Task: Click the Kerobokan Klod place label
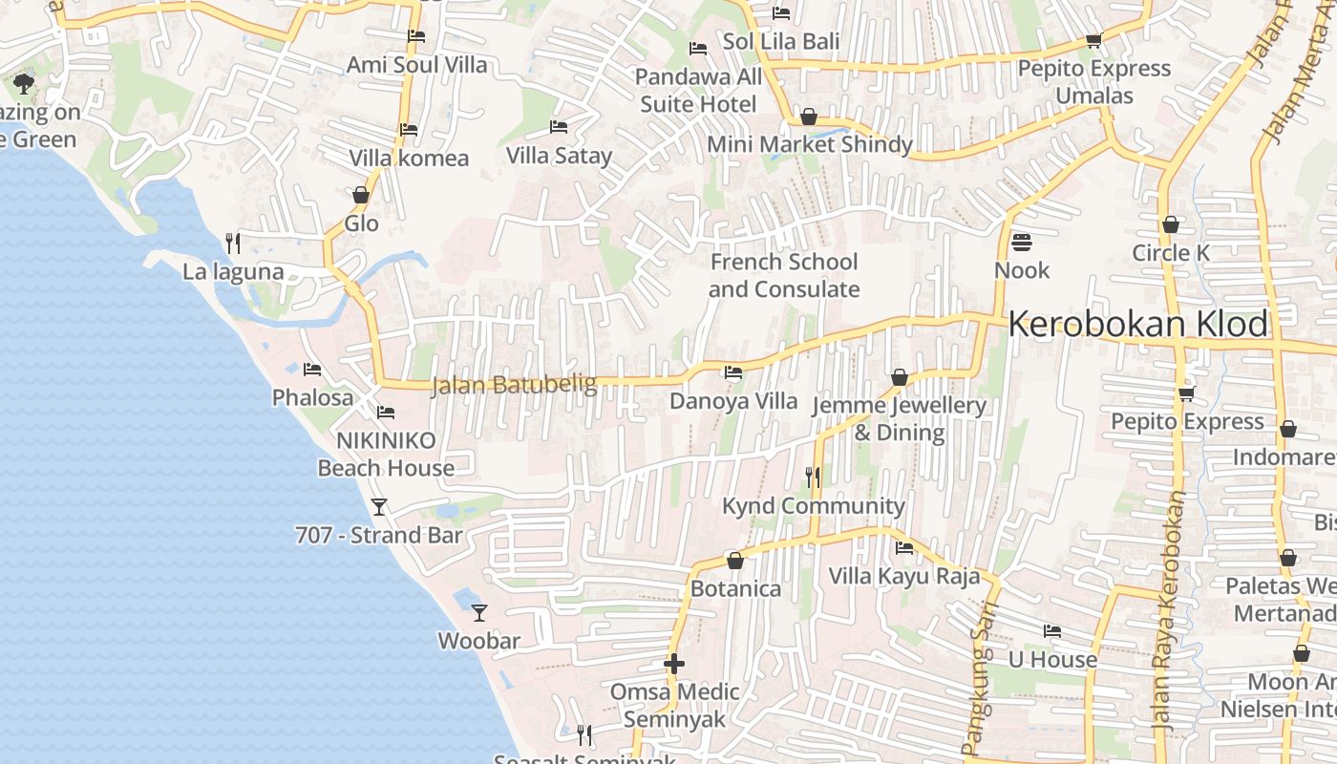pyautogui.click(x=1137, y=325)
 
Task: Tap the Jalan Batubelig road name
pyautogui.click(x=514, y=385)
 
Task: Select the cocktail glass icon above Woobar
pyautogui.click(x=479, y=612)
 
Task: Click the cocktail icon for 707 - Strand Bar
pyautogui.click(x=379, y=506)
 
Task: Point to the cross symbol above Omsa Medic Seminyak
pyautogui.click(x=674, y=663)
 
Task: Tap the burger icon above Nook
pyautogui.click(x=1021, y=243)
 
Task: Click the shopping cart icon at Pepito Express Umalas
pyautogui.click(x=1093, y=40)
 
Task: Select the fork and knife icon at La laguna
pyautogui.click(x=232, y=243)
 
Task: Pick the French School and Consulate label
pyautogui.click(x=784, y=275)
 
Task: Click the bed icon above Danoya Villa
pyautogui.click(x=732, y=372)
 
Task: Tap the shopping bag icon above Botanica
pyautogui.click(x=734, y=561)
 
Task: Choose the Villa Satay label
pyautogui.click(x=559, y=155)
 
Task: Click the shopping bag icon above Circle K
pyautogui.click(x=1170, y=224)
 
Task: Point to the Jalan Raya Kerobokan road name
pyautogui.click(x=1168, y=611)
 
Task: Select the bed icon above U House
pyautogui.click(x=1051, y=630)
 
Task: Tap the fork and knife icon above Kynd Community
pyautogui.click(x=813, y=477)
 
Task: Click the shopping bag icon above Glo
pyautogui.click(x=361, y=195)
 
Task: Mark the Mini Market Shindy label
pyautogui.click(x=809, y=144)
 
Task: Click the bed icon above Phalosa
pyautogui.click(x=312, y=369)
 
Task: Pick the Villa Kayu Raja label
pyautogui.click(x=903, y=576)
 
